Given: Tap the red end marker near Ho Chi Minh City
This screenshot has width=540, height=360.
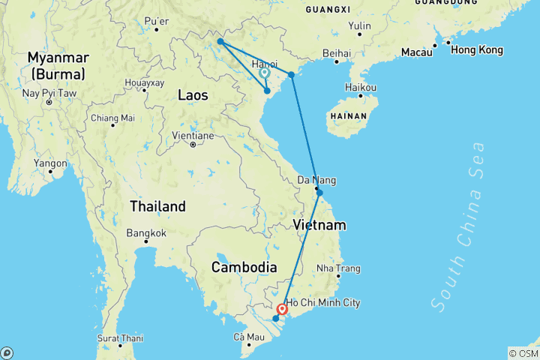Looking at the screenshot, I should click(282, 308).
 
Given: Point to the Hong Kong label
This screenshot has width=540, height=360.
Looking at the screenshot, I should click(476, 49).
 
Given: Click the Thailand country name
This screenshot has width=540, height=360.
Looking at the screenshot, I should click(157, 206).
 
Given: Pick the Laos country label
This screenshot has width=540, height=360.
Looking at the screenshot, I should click(193, 94).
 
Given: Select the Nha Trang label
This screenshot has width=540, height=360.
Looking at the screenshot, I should click(338, 268).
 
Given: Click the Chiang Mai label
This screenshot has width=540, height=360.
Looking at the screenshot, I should click(112, 118).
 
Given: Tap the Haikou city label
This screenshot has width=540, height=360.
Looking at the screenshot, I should click(360, 87).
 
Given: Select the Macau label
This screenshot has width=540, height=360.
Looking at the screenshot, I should click(417, 53).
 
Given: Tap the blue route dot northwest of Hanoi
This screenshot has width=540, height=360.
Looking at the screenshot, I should click(220, 41).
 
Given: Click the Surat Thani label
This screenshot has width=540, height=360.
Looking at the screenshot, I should click(119, 337).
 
